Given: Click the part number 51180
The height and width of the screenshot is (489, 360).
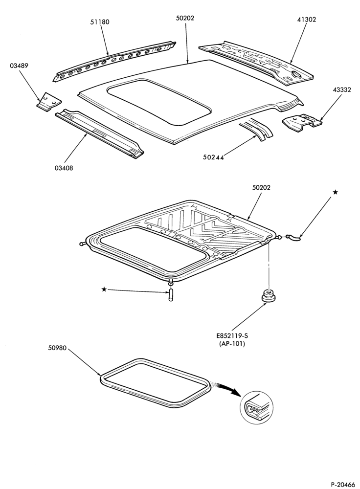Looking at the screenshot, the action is [100, 22].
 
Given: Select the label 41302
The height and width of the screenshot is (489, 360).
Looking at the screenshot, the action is [306, 20].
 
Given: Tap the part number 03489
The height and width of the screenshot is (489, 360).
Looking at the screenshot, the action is [20, 66].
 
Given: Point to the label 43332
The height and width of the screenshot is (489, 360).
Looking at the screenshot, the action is [341, 90].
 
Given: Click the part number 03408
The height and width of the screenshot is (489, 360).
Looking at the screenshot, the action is [64, 168].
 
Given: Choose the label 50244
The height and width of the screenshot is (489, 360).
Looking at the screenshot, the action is [213, 157].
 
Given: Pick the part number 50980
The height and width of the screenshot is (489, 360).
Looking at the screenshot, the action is [57, 348].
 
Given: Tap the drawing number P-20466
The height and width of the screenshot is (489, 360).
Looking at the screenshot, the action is [343, 484].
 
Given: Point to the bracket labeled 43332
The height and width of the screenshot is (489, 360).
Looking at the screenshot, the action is [301, 122].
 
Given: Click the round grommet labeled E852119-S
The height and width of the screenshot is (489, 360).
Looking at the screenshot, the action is [268, 295].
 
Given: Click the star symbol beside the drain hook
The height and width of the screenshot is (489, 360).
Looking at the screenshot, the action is [335, 193].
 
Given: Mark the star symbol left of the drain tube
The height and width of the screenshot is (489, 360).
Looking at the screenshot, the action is [104, 289].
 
